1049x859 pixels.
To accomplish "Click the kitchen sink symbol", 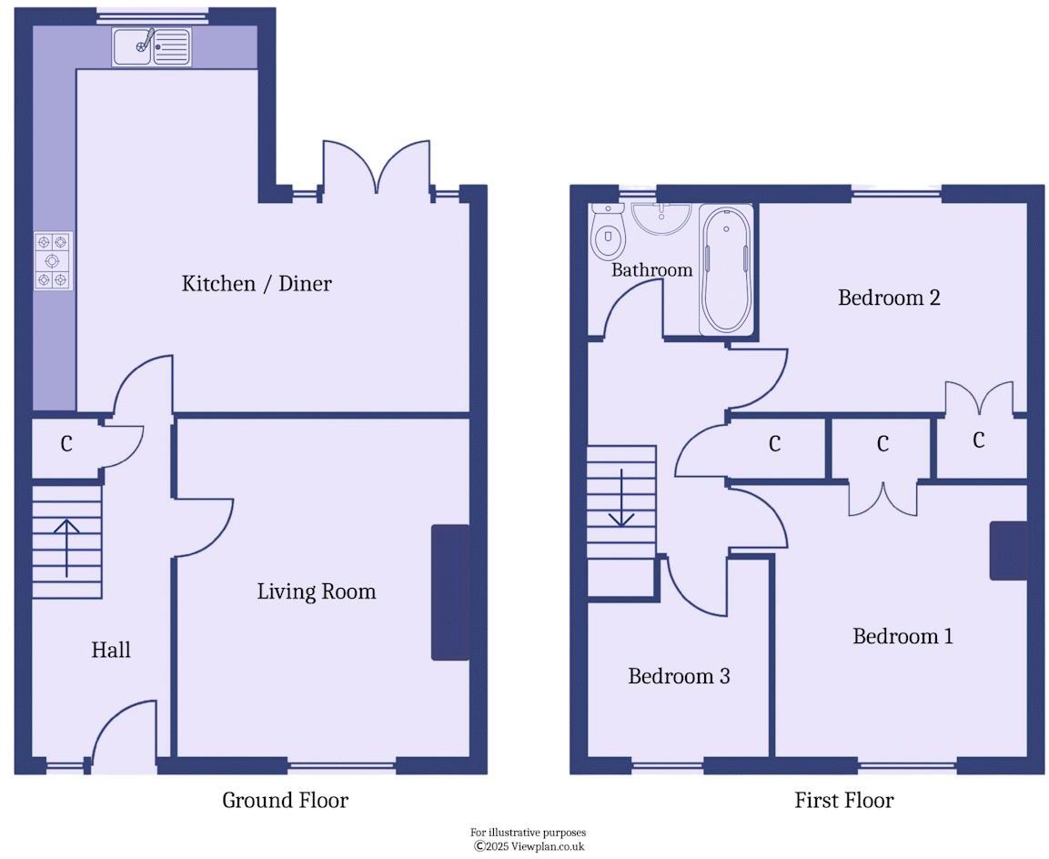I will [152, 46].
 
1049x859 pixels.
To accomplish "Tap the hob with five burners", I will [53, 261].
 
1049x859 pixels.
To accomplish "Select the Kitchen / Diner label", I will [257, 283].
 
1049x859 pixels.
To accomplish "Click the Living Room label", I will [316, 591].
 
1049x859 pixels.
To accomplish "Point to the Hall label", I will [111, 650].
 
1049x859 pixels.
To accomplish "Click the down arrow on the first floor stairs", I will [621, 498].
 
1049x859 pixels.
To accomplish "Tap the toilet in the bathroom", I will [607, 231].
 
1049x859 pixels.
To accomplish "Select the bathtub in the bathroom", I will [726, 270].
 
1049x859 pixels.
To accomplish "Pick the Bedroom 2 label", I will [888, 298].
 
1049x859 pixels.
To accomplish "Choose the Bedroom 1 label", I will [902, 635].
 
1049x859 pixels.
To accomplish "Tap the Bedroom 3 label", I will [679, 676].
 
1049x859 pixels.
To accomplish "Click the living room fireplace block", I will [450, 591].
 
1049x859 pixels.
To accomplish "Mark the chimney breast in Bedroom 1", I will [1008, 550].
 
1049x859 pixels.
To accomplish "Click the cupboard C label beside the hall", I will [66, 444].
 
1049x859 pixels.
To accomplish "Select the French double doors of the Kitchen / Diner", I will [376, 169].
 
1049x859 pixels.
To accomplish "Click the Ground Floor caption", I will [285, 801].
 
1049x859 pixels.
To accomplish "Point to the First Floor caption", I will [843, 801].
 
